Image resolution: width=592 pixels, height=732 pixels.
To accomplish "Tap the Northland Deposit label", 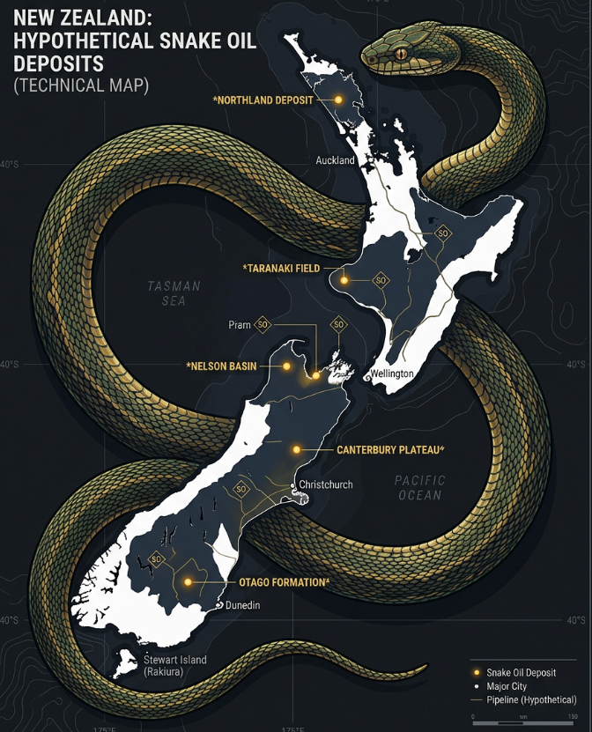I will point(263,100).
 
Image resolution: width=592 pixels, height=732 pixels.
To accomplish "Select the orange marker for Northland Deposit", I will point(337,100).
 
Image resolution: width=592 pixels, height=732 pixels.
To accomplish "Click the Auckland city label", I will point(335,160).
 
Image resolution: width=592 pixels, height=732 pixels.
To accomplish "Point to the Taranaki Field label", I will point(282,267).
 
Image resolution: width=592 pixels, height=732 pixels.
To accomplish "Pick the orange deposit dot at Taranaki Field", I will point(345,280).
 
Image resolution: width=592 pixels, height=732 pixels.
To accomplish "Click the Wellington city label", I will point(393,373).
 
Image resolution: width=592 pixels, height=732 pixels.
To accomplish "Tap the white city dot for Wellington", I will point(368,376).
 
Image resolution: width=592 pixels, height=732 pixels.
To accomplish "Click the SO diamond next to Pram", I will point(262,325).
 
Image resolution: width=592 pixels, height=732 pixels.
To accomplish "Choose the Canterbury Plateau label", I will point(390,449).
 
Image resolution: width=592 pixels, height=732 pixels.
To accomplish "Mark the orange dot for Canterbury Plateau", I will point(297,449).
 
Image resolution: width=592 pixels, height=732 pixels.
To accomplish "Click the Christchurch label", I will point(326,484).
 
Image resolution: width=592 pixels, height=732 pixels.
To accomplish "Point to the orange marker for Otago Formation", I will point(188,582).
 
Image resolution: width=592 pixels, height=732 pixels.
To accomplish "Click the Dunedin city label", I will point(243,605).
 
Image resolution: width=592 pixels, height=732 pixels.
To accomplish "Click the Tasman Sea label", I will point(174,293).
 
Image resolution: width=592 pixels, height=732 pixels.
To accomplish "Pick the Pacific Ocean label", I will point(420,488).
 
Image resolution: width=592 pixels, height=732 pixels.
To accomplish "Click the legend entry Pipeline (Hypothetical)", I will point(531,699).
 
